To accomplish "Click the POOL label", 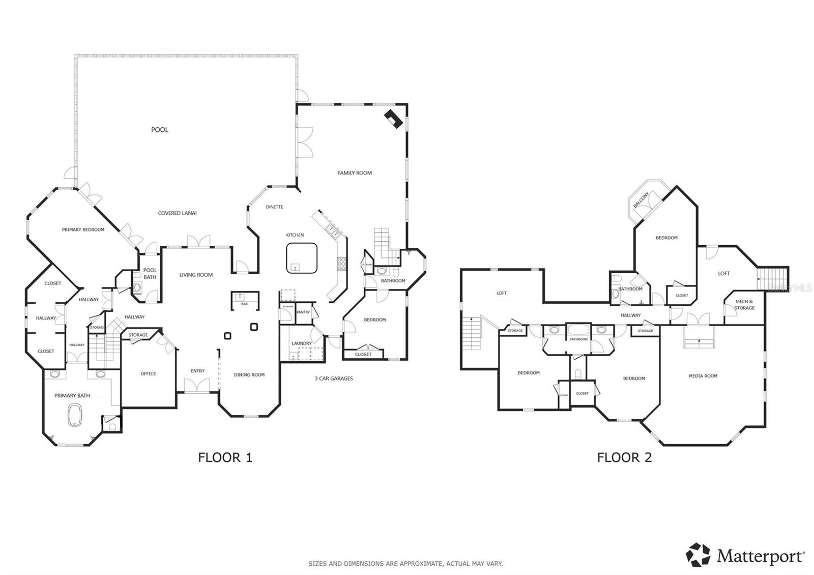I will coord(159,130).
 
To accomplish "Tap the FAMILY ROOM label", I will coord(355,173).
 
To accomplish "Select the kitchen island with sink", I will coord(302,258).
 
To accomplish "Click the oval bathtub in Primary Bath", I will coord(75,415).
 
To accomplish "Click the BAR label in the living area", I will coord(245,304).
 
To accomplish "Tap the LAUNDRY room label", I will coord(301,343).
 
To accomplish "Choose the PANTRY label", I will coord(303,312).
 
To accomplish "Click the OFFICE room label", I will coord(148,373).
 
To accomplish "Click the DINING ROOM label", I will coord(249,375).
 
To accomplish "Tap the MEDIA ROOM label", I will coord(703,376).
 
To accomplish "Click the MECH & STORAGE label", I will coord(744,305).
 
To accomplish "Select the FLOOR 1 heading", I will coord(225,457).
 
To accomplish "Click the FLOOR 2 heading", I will coord(624,457).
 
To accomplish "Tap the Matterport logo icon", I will coord(698,555).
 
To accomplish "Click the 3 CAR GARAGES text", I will coord(333,379).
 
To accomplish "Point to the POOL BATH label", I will coord(150,274).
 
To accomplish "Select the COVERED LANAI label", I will coord(177,213).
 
